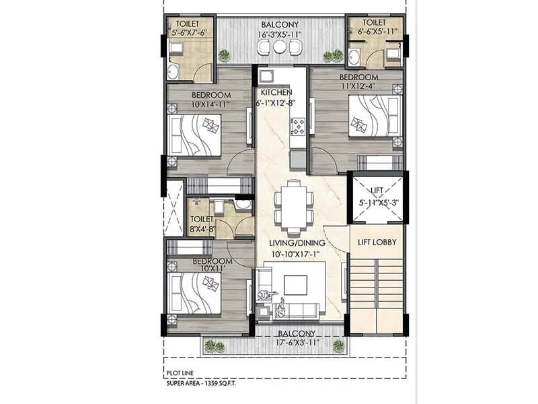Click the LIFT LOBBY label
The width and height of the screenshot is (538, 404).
click(x=376, y=242)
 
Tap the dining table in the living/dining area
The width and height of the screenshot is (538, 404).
click(x=293, y=203)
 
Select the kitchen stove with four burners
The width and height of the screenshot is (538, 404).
click(x=297, y=125)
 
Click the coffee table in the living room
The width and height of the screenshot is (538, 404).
click(x=295, y=285)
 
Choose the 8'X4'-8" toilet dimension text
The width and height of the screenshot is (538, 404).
click(x=201, y=229)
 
